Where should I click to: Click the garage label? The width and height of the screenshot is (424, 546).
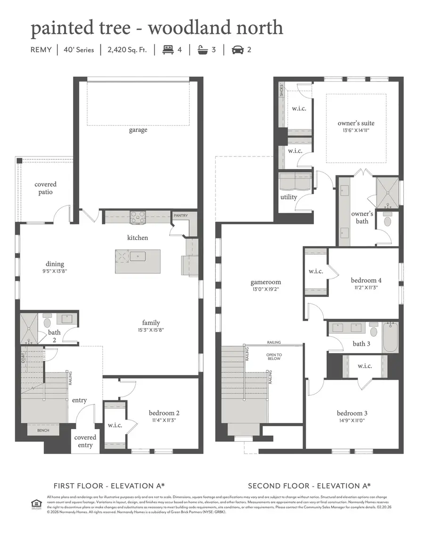click(138, 130)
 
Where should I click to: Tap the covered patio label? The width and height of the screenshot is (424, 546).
click(46, 188)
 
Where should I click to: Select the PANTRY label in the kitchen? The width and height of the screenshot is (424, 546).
click(180, 215)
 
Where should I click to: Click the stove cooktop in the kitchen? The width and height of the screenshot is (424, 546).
click(138, 217)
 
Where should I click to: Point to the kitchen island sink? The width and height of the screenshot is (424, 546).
click(138, 257)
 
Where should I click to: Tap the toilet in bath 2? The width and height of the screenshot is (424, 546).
click(47, 322)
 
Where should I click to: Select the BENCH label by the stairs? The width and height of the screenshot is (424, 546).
click(43, 430)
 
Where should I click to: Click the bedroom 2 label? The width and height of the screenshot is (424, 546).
click(164, 413)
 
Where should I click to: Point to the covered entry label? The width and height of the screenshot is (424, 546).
click(85, 441)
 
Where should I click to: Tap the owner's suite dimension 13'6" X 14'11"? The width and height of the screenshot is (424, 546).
click(356, 131)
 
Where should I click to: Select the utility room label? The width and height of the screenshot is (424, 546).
click(289, 197)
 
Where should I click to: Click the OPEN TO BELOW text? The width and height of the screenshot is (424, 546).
click(273, 357)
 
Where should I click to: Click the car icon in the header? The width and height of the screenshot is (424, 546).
click(238, 49)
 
